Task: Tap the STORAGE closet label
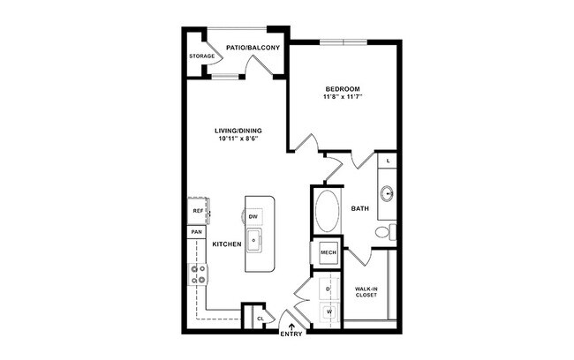[201, 56]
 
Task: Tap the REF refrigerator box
[197, 212]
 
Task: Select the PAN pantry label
[196, 232]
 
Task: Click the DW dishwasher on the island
[253, 216]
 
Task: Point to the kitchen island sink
[253, 237]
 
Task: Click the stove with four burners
[197, 274]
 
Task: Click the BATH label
[360, 209]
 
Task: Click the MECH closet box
[327, 254]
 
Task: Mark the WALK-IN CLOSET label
[366, 291]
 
